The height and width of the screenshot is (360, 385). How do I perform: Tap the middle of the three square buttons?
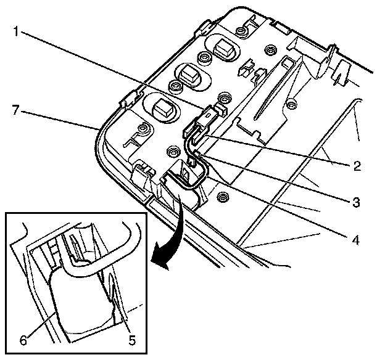(186, 76)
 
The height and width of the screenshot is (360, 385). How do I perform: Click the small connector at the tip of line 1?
(213, 112)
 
